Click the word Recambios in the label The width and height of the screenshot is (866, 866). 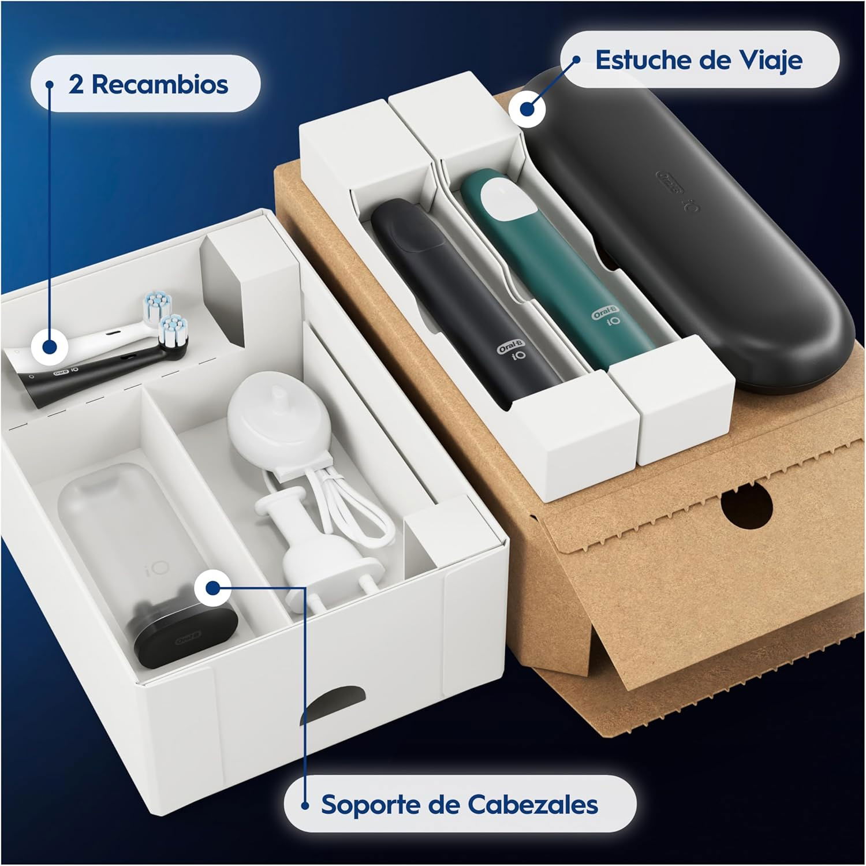tap(160, 85)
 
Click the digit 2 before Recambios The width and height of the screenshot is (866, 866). tap(76, 85)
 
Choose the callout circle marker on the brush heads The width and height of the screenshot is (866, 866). tap(50, 347)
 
